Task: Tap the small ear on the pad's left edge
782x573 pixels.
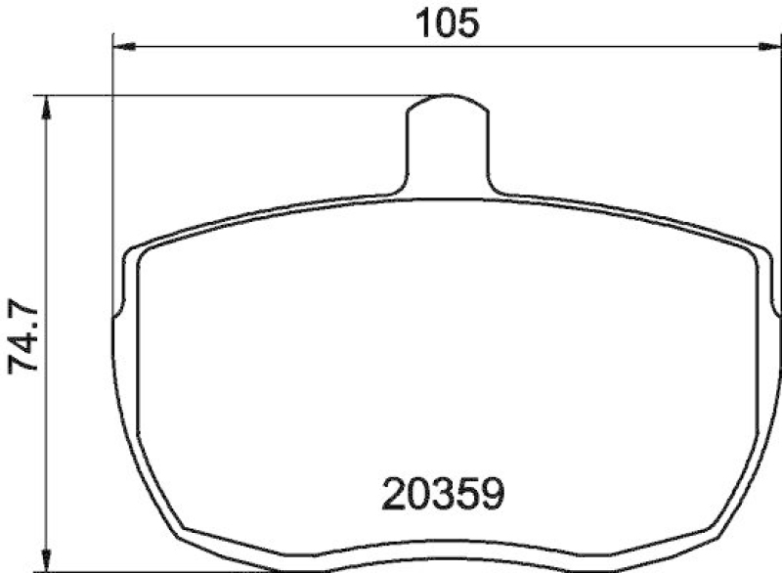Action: [118, 309]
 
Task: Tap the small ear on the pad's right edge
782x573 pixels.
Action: [776, 309]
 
